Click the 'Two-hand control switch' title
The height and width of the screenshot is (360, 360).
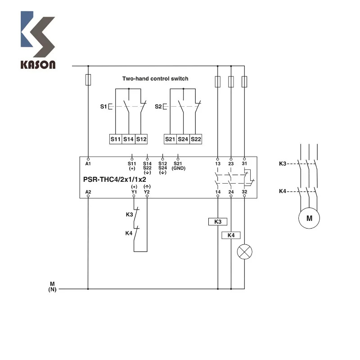(x=155, y=79)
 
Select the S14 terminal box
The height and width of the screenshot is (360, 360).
(x=128, y=139)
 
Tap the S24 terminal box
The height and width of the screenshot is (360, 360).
(x=183, y=139)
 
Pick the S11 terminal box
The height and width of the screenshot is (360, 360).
(x=116, y=139)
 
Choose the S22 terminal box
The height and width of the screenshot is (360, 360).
(x=196, y=139)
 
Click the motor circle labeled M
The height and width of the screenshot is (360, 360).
(x=309, y=218)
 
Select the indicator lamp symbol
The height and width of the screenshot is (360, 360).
(x=244, y=252)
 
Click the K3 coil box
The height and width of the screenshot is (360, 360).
(x=218, y=221)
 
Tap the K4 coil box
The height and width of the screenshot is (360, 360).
(x=231, y=235)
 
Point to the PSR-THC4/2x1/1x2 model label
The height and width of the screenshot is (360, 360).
(x=115, y=179)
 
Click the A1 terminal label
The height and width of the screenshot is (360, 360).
(x=88, y=164)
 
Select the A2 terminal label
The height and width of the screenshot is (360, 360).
(x=88, y=192)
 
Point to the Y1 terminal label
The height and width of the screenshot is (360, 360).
(x=134, y=192)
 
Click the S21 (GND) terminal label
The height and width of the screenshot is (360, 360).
(x=178, y=166)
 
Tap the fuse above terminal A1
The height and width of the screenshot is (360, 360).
(x=88, y=80)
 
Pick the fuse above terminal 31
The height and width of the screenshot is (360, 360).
(x=244, y=82)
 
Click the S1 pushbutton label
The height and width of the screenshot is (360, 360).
(x=103, y=107)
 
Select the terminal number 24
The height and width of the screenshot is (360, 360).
(x=231, y=192)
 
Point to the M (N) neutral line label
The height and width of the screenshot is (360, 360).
(x=52, y=287)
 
